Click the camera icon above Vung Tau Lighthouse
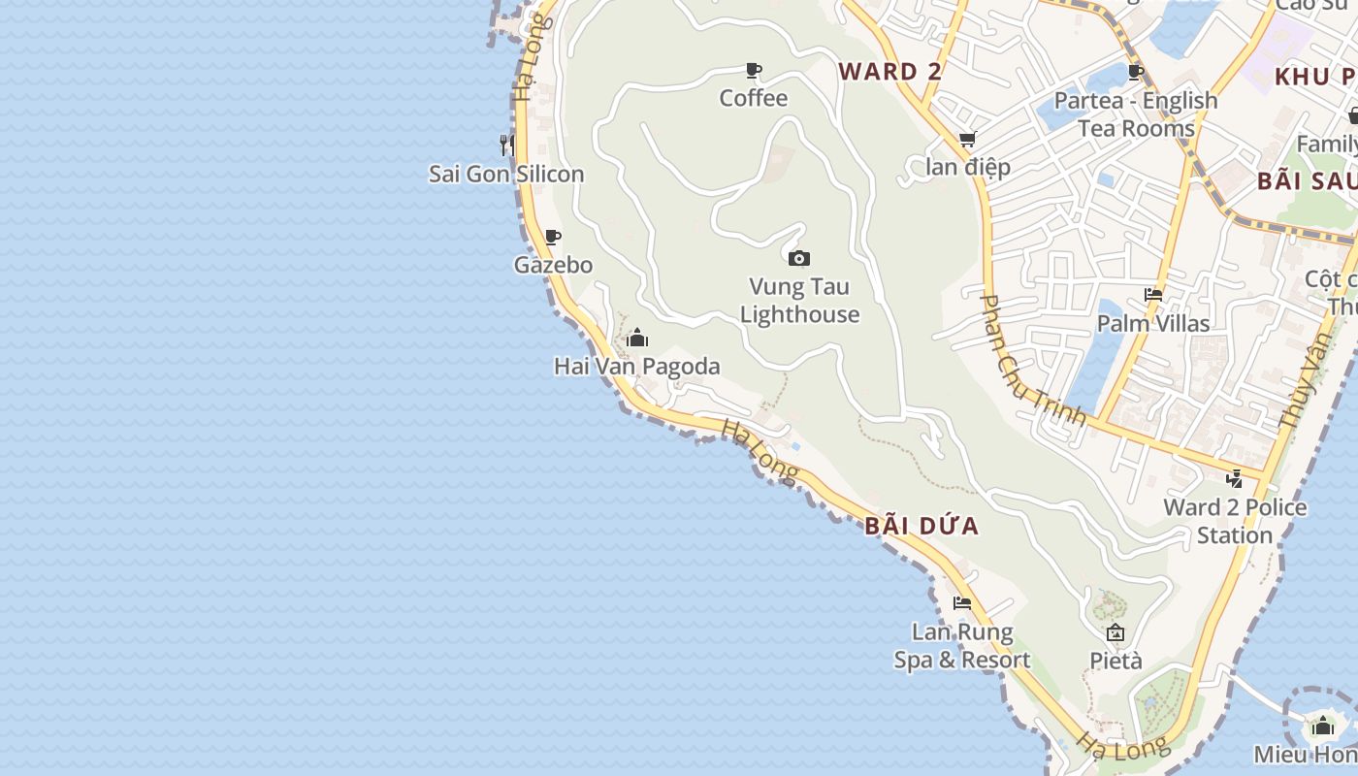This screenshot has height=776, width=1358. coord(799,258)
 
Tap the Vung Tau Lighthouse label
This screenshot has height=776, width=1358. coord(799,301)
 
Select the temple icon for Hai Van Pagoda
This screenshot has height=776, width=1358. coord(637,339)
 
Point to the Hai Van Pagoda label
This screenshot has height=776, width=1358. coord(637,367)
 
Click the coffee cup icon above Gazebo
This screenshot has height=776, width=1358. coord(553,238)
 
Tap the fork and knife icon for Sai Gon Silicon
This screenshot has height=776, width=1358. coord(506,145)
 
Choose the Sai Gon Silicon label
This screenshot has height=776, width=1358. coord(506,175)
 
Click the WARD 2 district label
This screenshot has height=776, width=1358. coord(890,72)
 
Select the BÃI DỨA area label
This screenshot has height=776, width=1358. coord(921,527)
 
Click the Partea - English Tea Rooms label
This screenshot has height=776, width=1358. coord(1136,114)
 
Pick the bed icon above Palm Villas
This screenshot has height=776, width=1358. coord(1153,295)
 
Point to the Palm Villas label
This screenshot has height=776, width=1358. coord(1153,323)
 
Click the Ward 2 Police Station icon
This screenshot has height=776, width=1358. coord(1235,478)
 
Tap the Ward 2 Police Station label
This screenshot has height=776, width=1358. coord(1235,521)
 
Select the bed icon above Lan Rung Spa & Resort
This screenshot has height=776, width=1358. coord(962,603)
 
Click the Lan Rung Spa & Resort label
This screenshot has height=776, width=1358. coord(962,646)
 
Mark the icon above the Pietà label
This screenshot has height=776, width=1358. coord(1115,633)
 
